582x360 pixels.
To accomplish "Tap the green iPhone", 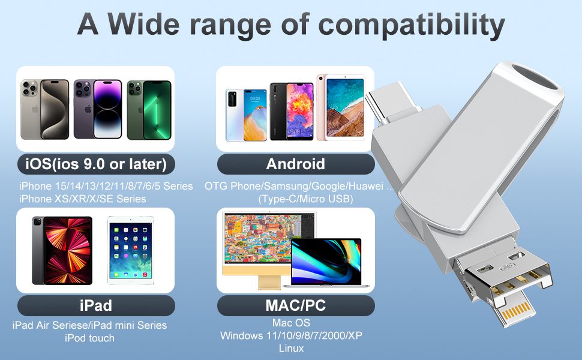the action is [149, 110].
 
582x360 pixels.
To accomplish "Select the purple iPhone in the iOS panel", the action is [98, 109].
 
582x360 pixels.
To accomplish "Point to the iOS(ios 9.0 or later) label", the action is [96, 164].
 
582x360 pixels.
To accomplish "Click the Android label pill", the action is [296, 164].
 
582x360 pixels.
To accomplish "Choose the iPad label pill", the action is [96, 305].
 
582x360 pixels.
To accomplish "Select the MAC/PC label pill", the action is [296, 305].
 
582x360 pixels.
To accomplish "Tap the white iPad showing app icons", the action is [131, 251].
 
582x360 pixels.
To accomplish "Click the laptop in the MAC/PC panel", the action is [326, 263].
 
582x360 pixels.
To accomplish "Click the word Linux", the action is [292, 348].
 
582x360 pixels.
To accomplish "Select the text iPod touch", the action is [89, 338].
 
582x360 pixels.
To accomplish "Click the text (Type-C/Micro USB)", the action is [305, 199].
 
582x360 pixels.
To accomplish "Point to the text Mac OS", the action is [292, 323].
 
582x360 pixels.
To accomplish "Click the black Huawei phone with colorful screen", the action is [292, 112].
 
